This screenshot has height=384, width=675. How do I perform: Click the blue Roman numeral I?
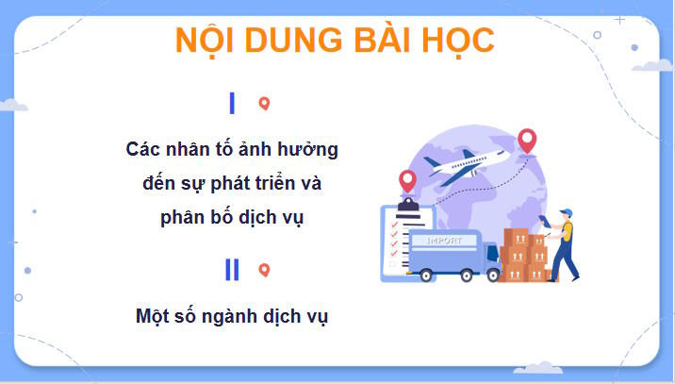point(232,104)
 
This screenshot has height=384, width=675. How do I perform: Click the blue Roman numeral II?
point(232,270)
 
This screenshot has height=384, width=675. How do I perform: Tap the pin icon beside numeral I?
point(264,104)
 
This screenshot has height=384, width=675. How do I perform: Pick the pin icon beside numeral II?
point(264,270)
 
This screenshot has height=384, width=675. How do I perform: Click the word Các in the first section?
point(144,149)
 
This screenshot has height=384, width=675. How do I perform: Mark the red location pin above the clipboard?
point(407,178)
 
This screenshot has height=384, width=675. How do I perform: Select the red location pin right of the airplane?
point(527,141)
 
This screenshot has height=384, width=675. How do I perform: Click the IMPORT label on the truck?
point(444,241)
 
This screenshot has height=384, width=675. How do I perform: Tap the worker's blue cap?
point(566,212)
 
